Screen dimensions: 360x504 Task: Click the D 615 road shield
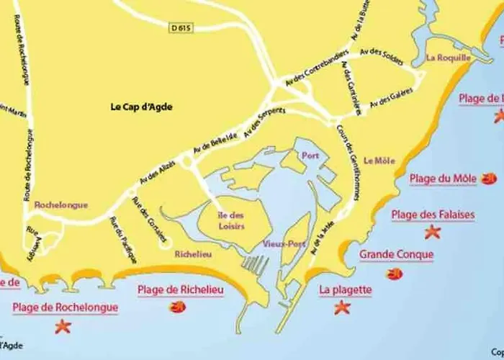tap(183, 28)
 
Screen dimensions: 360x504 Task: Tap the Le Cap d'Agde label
tap(142, 107)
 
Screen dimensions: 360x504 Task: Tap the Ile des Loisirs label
tap(231, 221)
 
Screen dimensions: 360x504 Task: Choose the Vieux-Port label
tap(284, 244)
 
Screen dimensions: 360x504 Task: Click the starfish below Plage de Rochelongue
tap(63, 326)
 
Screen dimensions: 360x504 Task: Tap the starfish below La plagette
tap(342, 307)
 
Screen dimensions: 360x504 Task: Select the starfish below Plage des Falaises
tap(432, 232)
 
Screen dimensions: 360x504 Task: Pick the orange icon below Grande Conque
tap(394, 273)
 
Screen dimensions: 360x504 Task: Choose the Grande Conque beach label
tap(396, 255)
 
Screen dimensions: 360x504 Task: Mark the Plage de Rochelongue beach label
tap(65, 307)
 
